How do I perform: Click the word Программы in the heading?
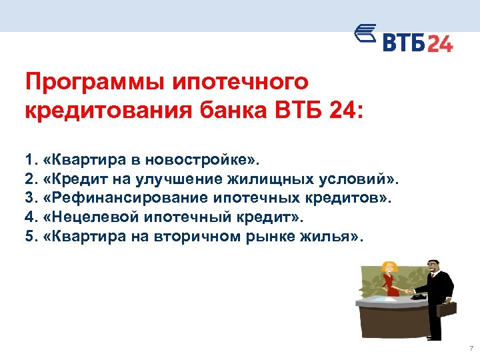click(91, 83)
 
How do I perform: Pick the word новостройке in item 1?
click(209, 161)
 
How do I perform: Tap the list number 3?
click(28, 197)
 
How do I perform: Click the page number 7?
click(471, 349)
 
